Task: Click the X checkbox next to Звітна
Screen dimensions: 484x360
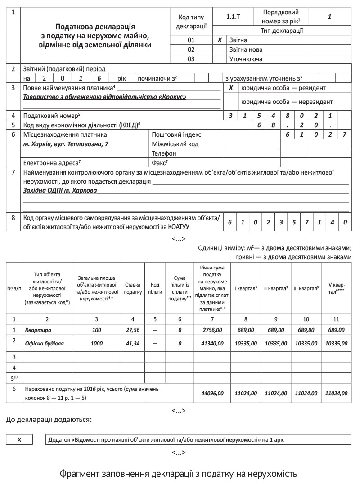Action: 220,40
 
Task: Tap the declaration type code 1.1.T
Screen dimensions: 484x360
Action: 234,17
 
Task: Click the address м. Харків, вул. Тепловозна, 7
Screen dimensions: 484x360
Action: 66,144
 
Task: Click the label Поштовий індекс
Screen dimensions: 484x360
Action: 176,134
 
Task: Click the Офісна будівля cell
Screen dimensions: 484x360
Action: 45,343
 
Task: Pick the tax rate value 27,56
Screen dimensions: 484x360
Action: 133,330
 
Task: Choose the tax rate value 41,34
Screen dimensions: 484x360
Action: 133,343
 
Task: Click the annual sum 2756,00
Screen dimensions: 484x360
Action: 212,330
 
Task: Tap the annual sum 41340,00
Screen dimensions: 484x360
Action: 212,343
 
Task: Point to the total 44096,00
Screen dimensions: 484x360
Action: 212,393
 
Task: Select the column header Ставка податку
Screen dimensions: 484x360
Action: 133,288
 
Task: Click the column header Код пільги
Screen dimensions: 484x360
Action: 155,288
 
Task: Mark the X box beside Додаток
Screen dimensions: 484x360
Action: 19,439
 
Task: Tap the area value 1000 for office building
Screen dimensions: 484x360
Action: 96,343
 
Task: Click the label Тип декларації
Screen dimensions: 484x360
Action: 282,31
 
